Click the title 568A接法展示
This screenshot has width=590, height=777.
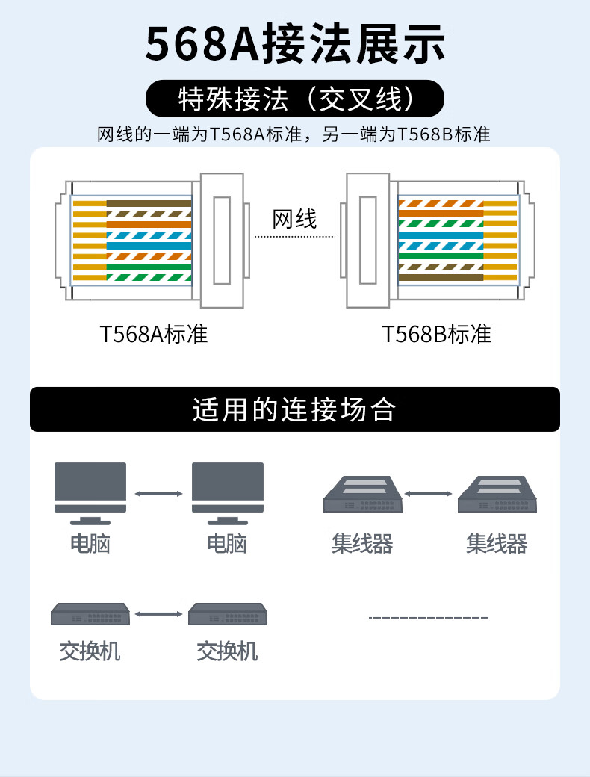(x=295, y=44)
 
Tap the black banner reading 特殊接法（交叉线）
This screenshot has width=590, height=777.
(x=295, y=97)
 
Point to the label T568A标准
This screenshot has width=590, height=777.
(x=154, y=334)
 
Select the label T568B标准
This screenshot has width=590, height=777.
(x=437, y=334)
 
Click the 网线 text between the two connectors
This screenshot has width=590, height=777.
(x=295, y=219)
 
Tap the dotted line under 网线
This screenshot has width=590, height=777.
(x=295, y=237)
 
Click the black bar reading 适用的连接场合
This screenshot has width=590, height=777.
(x=295, y=409)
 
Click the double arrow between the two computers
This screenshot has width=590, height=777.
(x=159, y=493)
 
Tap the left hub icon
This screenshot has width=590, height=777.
(x=361, y=495)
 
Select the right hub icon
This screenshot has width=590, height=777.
(x=497, y=495)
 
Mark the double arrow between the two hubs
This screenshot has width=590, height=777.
(x=429, y=493)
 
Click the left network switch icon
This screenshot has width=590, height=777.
(x=90, y=614)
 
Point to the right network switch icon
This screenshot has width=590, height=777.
(x=228, y=614)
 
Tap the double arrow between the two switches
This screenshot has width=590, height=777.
(x=159, y=614)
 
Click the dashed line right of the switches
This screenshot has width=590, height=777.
(x=429, y=618)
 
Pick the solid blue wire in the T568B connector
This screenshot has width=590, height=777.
(x=441, y=235)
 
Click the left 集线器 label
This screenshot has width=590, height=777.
(x=362, y=543)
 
